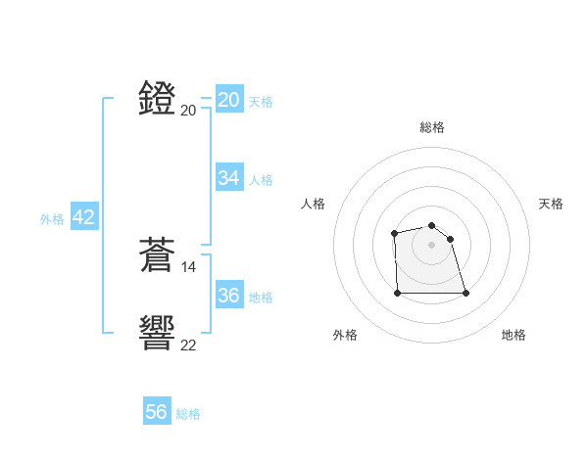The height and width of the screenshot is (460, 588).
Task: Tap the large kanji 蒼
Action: click(x=158, y=255)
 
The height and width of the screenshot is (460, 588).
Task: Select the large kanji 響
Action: click(x=158, y=333)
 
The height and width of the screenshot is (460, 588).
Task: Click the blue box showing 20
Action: click(x=228, y=100)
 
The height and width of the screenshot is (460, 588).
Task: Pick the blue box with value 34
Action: click(x=228, y=178)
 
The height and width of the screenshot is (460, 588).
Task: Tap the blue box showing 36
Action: click(x=228, y=295)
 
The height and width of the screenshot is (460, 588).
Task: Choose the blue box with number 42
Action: click(x=83, y=217)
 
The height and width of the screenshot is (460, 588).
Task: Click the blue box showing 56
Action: click(x=156, y=412)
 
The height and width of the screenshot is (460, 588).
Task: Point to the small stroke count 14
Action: click(x=189, y=266)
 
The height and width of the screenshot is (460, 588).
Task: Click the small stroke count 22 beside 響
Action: click(x=189, y=345)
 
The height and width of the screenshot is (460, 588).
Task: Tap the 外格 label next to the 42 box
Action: click(x=52, y=219)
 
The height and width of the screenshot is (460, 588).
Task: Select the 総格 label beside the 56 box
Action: click(x=188, y=414)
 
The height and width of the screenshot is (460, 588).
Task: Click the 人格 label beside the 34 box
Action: click(x=261, y=180)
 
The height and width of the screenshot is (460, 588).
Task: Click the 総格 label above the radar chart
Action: click(x=431, y=127)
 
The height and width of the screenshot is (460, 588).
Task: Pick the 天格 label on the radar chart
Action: click(x=551, y=204)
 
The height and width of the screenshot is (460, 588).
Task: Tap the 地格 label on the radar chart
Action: click(x=514, y=335)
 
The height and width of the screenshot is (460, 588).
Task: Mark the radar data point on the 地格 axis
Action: click(x=465, y=293)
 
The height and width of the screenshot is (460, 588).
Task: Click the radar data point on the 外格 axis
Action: click(x=398, y=292)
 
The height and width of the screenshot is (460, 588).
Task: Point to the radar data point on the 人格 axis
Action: click(x=394, y=233)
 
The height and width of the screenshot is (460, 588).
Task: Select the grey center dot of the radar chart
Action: click(x=431, y=245)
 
